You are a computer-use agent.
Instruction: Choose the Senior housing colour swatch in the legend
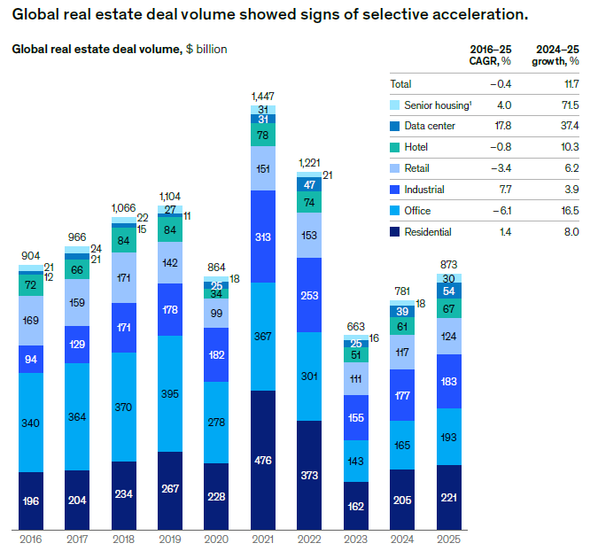[x=395, y=105]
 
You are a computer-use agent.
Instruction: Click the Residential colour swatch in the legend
[x=395, y=232]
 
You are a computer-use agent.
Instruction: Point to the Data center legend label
[x=431, y=126]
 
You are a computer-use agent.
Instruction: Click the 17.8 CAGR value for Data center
[x=503, y=126]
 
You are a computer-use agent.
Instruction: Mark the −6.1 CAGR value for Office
[x=501, y=211]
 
